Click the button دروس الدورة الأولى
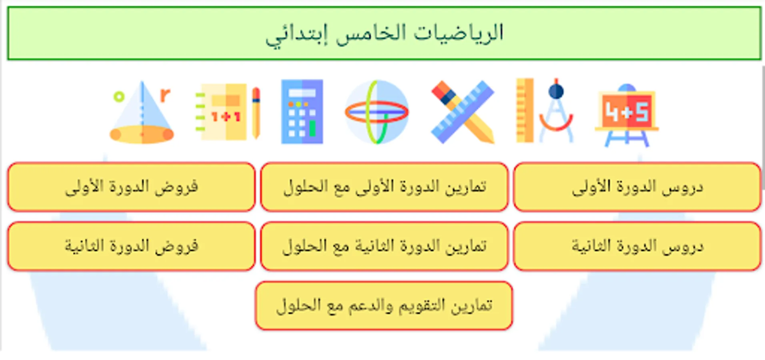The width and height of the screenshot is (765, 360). (x=637, y=187)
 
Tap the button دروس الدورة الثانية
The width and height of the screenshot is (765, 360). (x=637, y=246)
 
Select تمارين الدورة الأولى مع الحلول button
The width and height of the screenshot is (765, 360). (x=384, y=187)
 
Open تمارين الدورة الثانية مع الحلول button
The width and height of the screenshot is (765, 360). (x=384, y=246)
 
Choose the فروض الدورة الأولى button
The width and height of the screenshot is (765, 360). (x=131, y=187)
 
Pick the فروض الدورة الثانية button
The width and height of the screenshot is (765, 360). (x=131, y=246)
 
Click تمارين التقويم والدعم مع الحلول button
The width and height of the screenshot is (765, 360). (x=384, y=306)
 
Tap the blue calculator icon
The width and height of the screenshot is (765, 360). (x=302, y=112)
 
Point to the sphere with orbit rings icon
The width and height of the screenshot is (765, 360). (x=376, y=112)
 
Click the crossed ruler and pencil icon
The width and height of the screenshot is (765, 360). (x=463, y=112)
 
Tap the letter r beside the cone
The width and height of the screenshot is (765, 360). (x=165, y=95)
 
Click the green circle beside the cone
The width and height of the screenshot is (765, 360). (x=119, y=96)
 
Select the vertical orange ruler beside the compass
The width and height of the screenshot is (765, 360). (x=525, y=110)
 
